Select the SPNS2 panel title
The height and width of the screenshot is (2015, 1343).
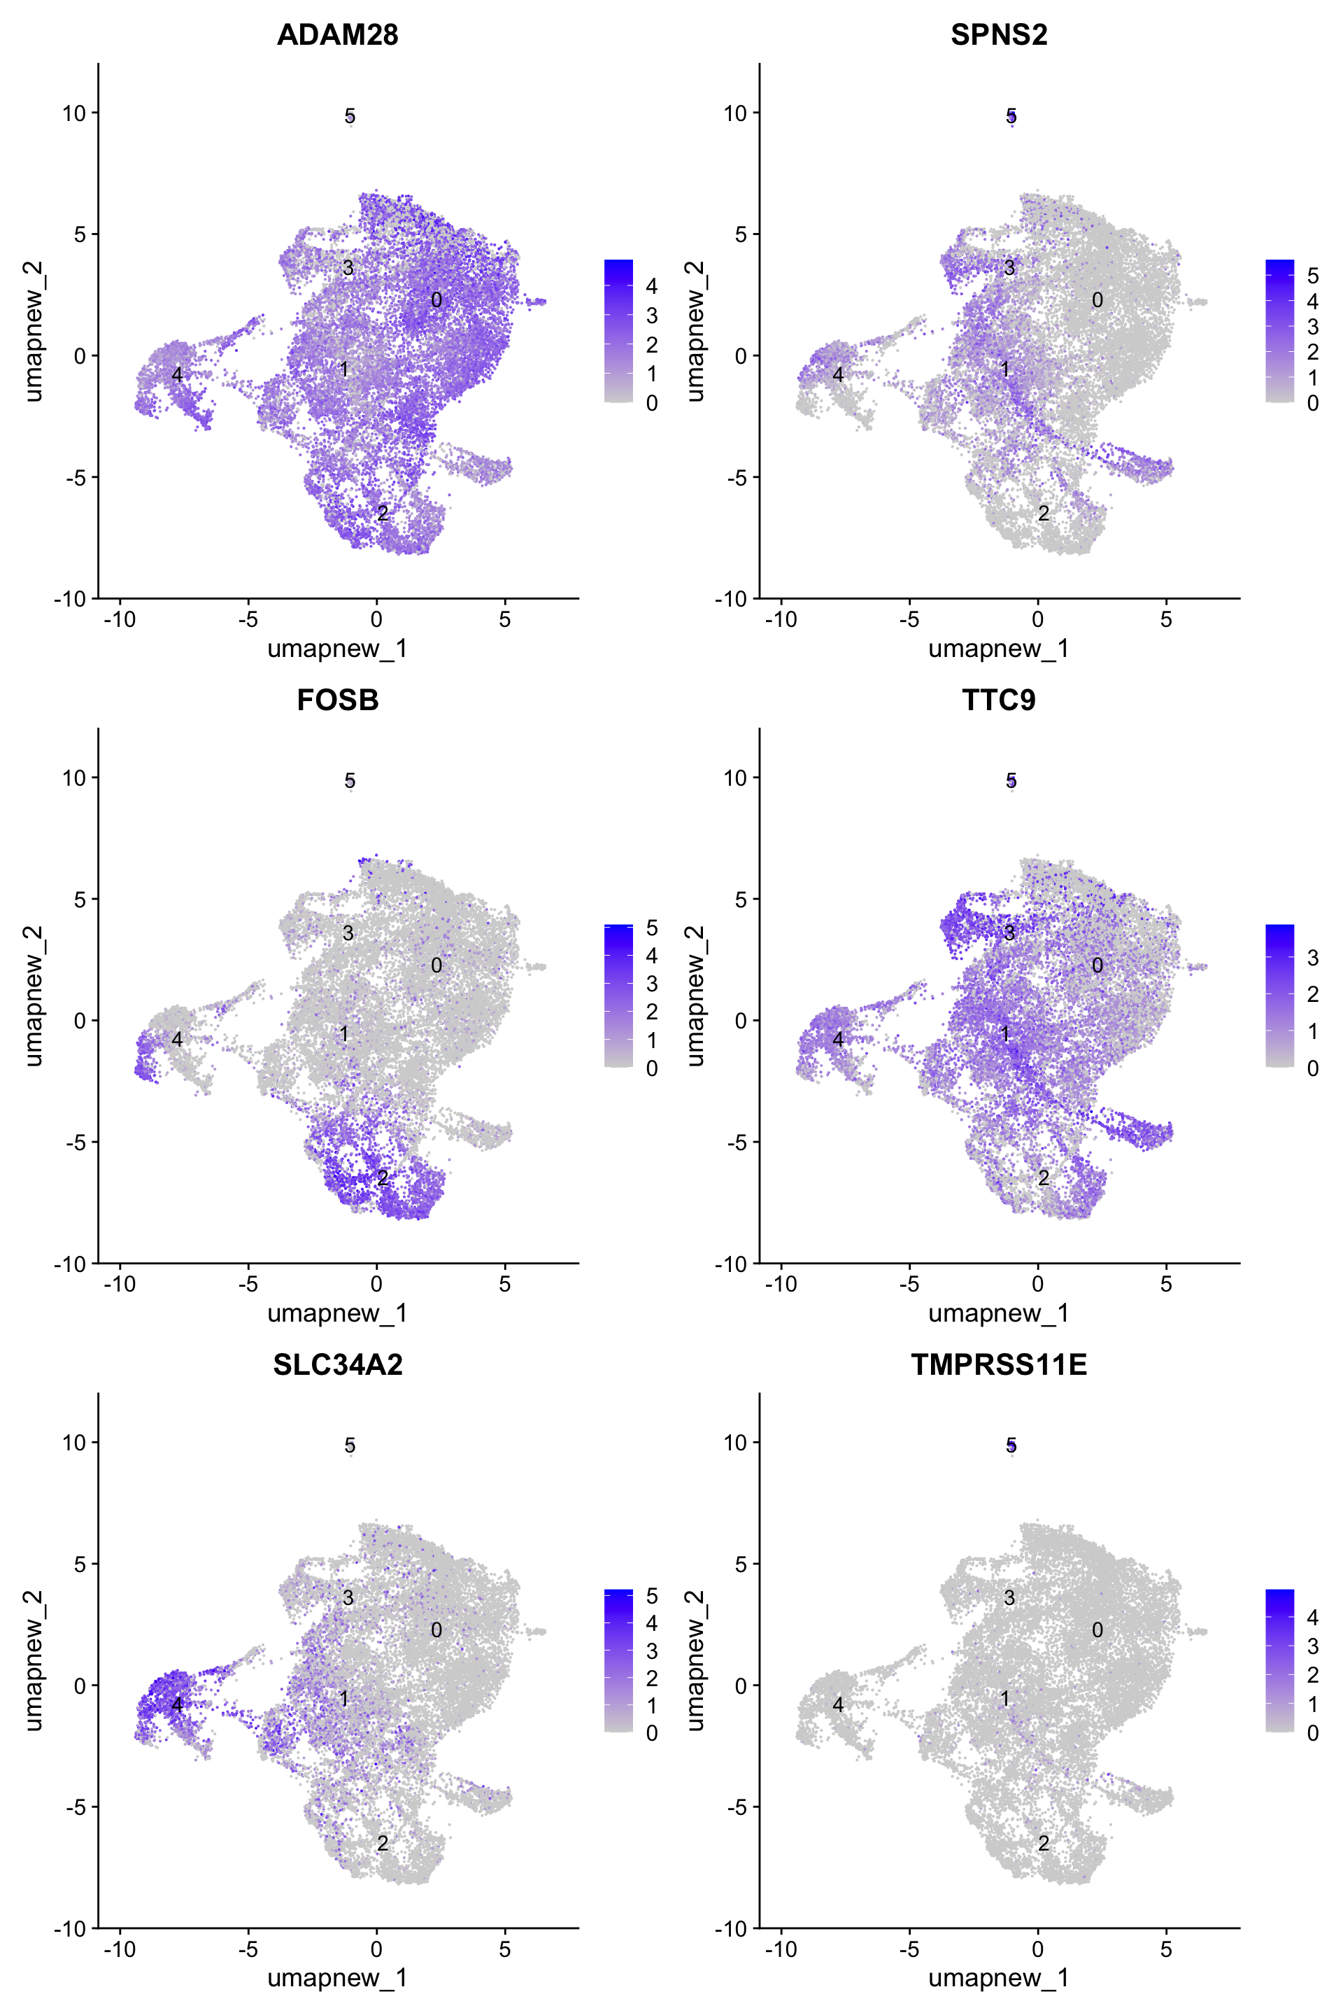pos(999,34)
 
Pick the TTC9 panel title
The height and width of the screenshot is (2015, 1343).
pos(999,700)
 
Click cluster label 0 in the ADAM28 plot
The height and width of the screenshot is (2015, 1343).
pos(436,300)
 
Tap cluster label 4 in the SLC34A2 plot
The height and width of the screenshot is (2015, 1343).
pos(177,1704)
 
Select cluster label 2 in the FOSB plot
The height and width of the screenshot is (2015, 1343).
pos(383,1178)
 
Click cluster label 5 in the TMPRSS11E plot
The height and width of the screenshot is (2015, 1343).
pos(1011,1445)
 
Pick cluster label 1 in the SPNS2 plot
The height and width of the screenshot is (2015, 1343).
pos(1006,370)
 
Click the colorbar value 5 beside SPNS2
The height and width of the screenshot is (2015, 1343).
pos(1312,276)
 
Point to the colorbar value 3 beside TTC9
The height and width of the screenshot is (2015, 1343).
pos(1312,958)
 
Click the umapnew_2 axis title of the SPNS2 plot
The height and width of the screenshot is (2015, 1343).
pos(695,331)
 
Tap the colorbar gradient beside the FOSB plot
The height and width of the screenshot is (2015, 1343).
pos(618,996)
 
